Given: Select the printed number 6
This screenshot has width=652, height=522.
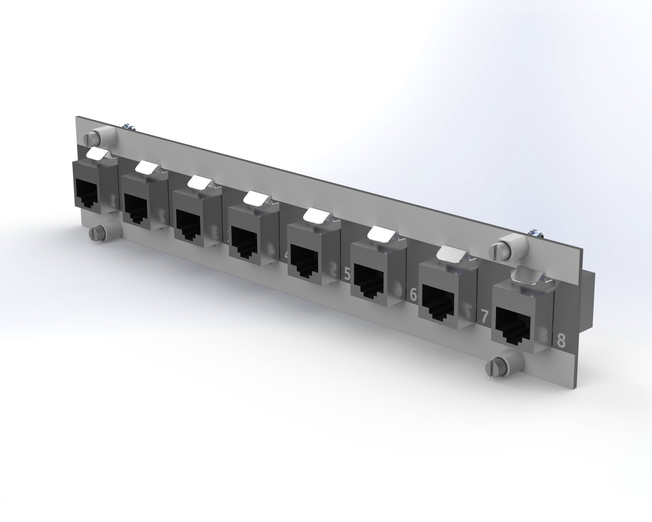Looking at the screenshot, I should (x=412, y=294).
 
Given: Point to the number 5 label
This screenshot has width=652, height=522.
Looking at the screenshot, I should (x=347, y=274).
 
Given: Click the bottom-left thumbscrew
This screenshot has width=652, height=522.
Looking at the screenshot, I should (x=98, y=233).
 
